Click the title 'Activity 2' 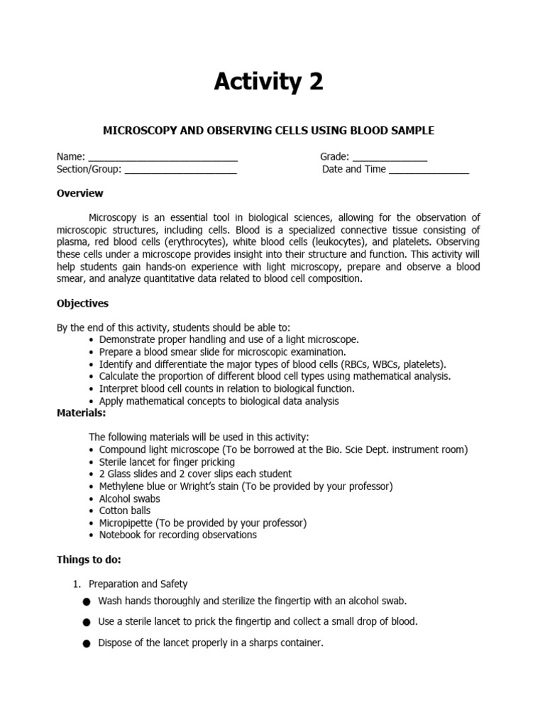[x=269, y=83]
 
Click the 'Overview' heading [x=80, y=193]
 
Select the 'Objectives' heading [x=82, y=303]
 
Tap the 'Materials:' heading [x=81, y=412]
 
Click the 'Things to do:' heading [x=89, y=559]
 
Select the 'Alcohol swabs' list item [x=129, y=498]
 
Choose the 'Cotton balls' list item [x=124, y=510]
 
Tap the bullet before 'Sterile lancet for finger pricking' [x=92, y=461]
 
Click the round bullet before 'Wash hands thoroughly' [x=87, y=602]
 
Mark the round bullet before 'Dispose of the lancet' [x=87, y=644]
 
